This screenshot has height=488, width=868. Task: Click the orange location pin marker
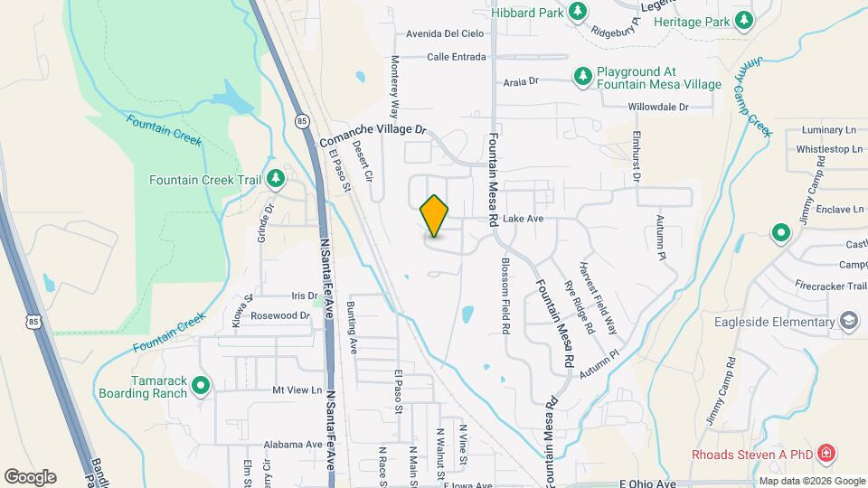click(435, 215)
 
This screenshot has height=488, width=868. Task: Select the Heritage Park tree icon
click(743, 19)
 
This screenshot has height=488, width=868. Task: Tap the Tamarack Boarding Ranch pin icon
click(201, 386)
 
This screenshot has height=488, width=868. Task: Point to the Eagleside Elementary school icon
click(849, 322)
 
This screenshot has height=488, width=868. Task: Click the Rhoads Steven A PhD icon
click(825, 452)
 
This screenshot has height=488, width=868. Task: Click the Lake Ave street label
click(524, 219)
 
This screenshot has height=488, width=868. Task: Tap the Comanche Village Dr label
click(372, 136)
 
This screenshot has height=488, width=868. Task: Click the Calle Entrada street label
click(457, 57)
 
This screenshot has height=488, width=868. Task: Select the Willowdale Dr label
click(658, 107)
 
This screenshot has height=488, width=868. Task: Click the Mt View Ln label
click(297, 390)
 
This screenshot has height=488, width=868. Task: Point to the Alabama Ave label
click(294, 445)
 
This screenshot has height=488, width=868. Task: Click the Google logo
click(30, 476)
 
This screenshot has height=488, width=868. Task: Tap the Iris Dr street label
click(305, 296)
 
